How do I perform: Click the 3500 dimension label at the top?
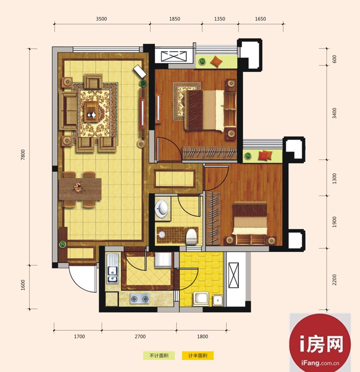tap(101, 19)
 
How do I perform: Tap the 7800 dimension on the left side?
tap(23, 155)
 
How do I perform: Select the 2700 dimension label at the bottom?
tap(140, 336)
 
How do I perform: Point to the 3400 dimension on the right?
tap(334, 113)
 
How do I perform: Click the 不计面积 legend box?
tap(159, 356)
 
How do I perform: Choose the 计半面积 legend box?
tap(198, 356)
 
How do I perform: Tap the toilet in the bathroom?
tap(191, 236)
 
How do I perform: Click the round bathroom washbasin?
tap(162, 208)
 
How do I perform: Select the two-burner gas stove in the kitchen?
tap(140, 299)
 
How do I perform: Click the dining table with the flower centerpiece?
tap(80, 189)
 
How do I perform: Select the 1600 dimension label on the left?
tap(23, 285)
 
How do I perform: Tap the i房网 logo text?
tap(321, 344)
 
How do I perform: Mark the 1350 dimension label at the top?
tap(219, 19)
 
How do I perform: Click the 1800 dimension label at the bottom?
tap(203, 336)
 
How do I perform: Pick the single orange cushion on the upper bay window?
tap(216, 61)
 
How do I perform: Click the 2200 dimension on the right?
tap(334, 279)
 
